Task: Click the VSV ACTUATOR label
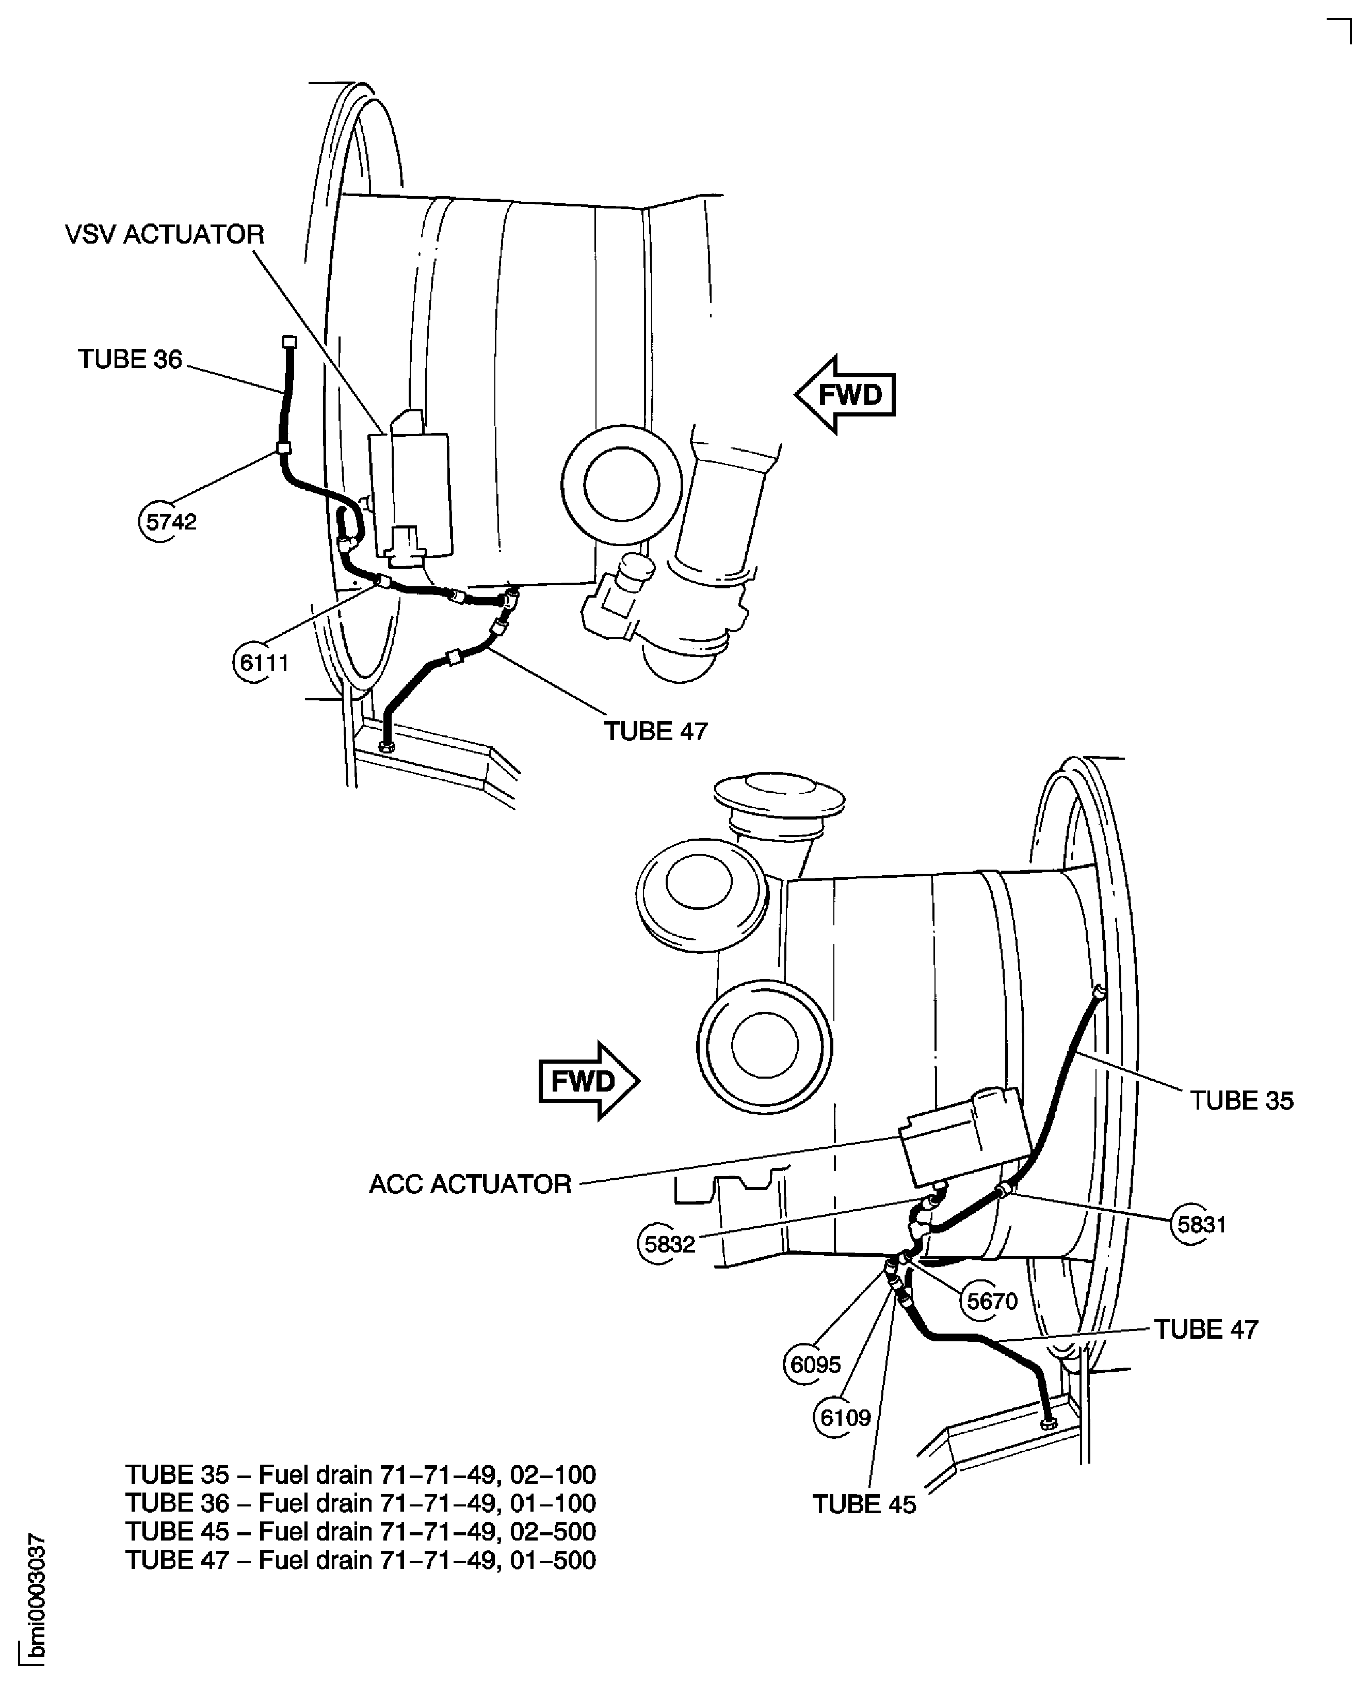[x=164, y=234]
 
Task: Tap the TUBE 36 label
[x=130, y=359]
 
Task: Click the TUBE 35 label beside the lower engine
[x=1242, y=1100]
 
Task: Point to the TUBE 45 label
[x=864, y=1504]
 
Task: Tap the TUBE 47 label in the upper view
[x=656, y=731]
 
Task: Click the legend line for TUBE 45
[x=361, y=1531]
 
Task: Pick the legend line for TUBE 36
[x=361, y=1502]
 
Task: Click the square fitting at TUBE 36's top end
[x=289, y=343]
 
